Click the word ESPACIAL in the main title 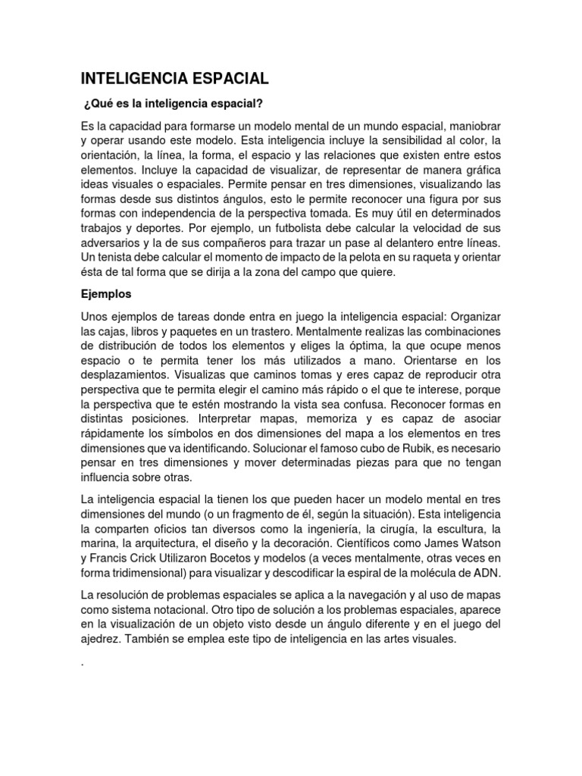coord(231,79)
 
